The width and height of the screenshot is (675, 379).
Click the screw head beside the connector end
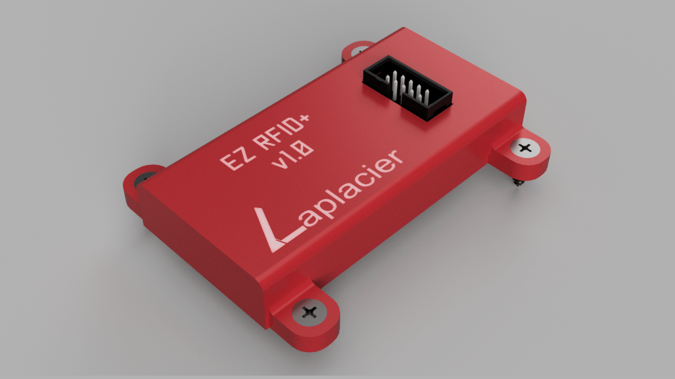point(525,148)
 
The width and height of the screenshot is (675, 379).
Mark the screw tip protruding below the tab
point(516,183)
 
